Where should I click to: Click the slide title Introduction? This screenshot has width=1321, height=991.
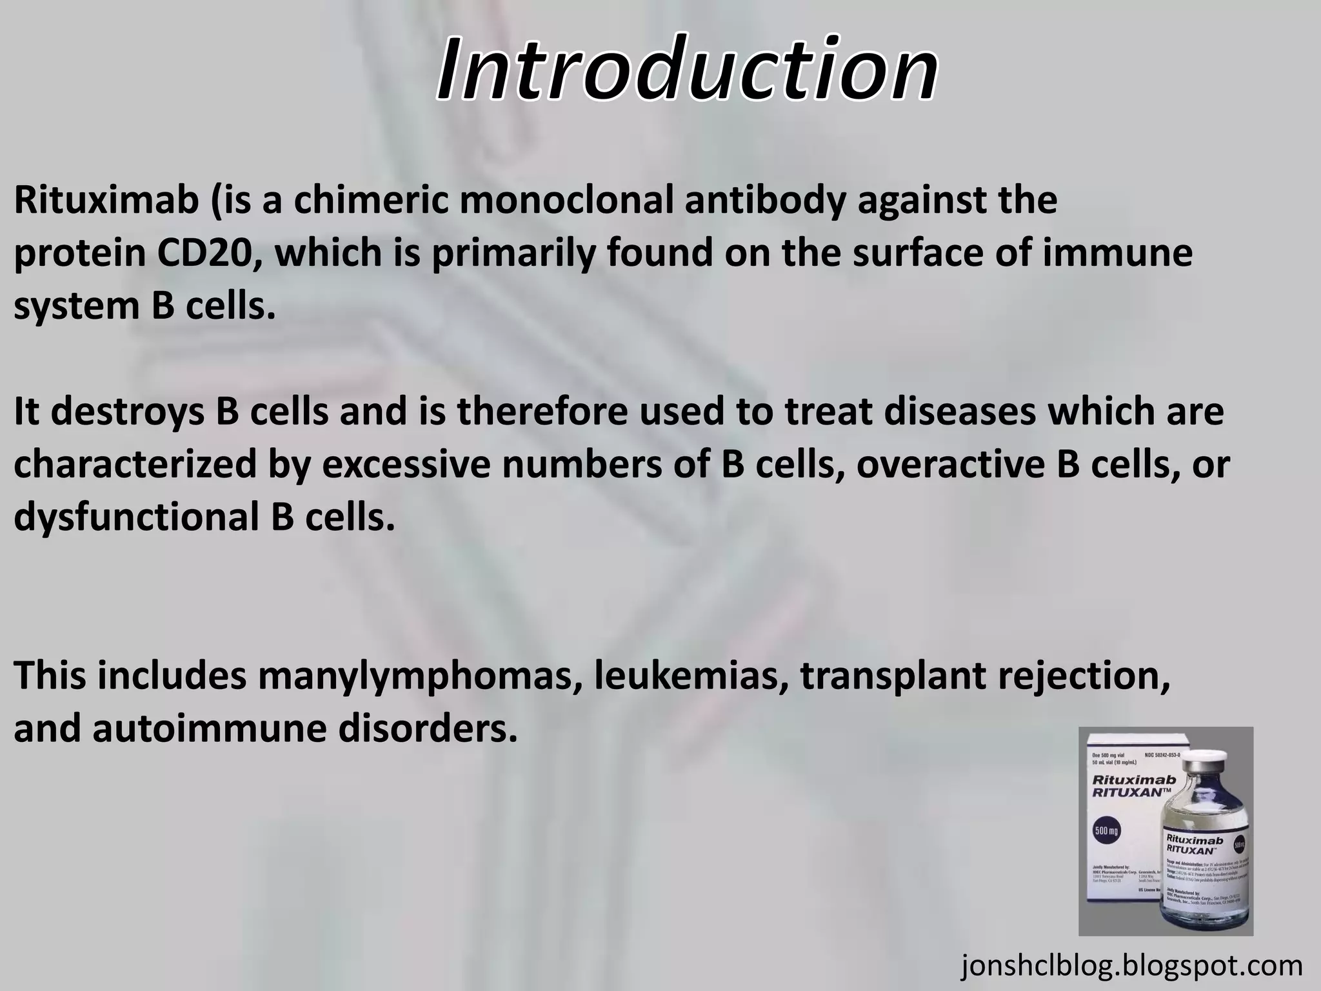[687, 69]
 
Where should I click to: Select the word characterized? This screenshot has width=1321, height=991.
[135, 465]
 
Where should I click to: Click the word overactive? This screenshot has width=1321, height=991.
[951, 465]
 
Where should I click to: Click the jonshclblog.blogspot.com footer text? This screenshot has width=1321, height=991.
[1132, 966]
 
